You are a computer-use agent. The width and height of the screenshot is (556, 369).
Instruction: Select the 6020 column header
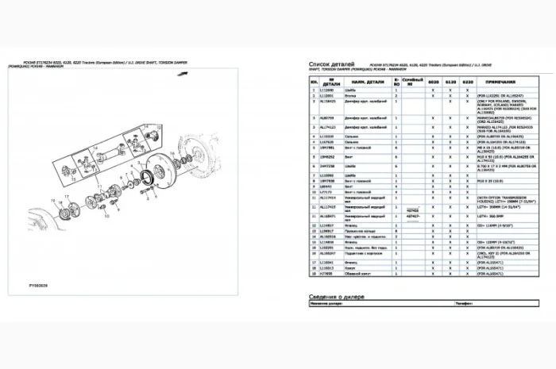coord(434,82)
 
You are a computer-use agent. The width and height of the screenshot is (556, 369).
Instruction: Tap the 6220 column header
coord(468,82)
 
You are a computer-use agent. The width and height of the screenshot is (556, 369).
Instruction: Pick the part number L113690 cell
coord(326,90)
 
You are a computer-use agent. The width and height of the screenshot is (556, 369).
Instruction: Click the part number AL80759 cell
coord(326,117)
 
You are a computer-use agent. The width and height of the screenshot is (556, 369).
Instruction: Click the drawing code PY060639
coord(38,282)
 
